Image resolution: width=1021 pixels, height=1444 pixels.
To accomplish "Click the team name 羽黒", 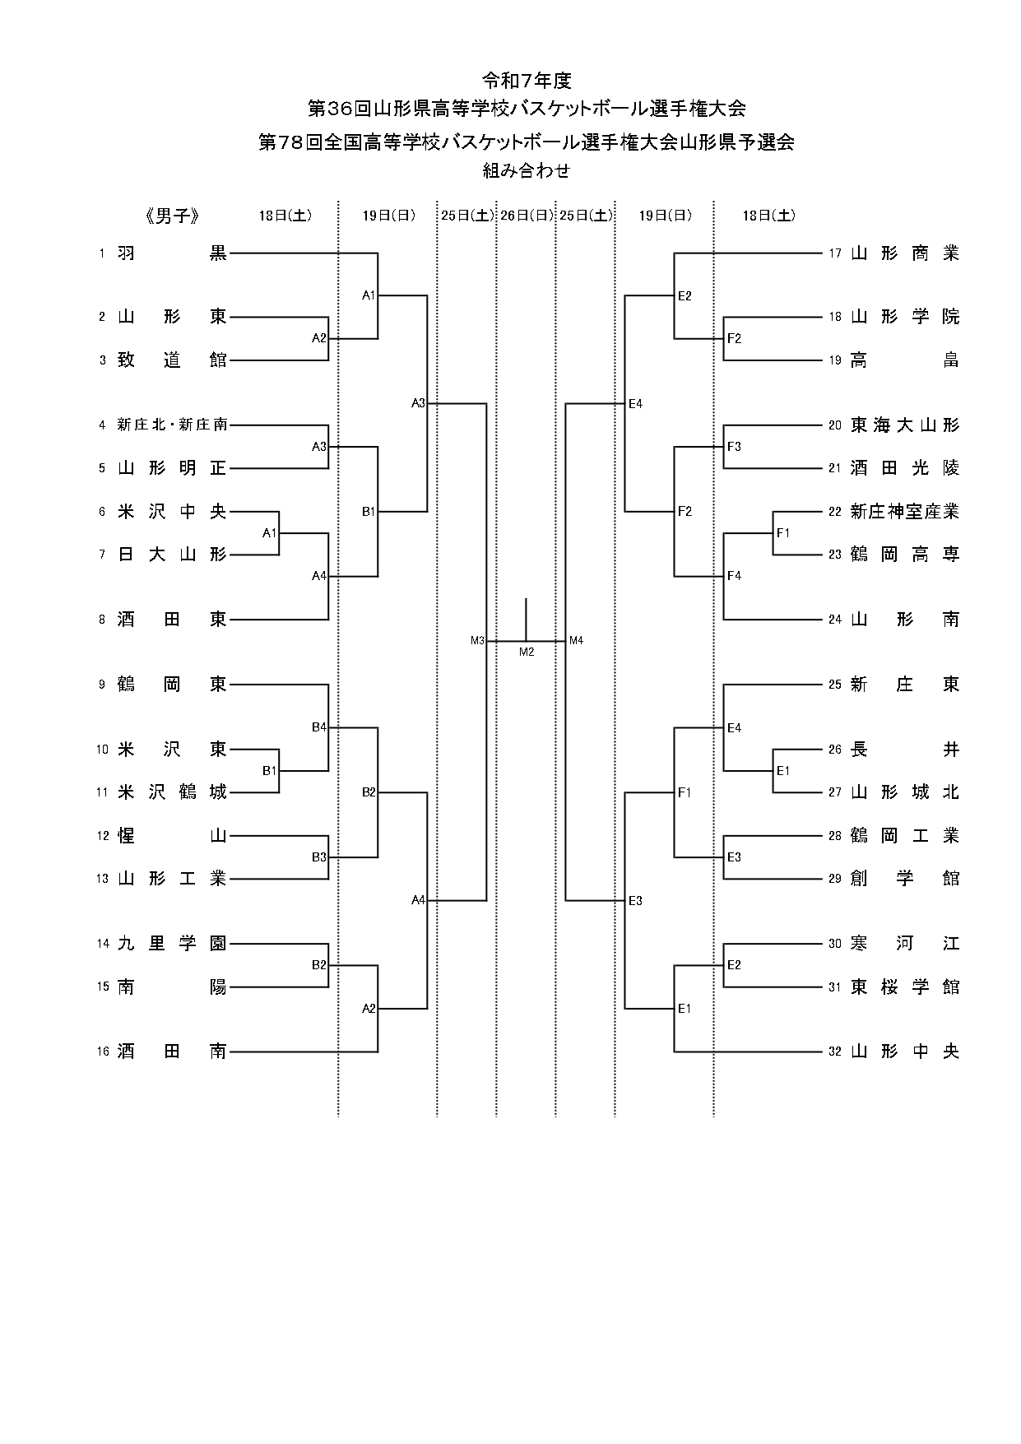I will click(171, 253).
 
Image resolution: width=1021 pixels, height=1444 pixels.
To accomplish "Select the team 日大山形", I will click(171, 555).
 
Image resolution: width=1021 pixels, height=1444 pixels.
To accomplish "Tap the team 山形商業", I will click(904, 253).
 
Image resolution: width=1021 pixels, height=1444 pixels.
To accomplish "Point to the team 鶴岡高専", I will click(904, 555).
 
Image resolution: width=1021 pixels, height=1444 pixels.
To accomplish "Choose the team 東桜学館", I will click(904, 987).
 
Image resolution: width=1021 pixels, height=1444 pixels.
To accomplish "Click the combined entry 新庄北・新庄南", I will click(171, 425).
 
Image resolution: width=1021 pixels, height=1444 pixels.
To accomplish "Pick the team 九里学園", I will click(171, 944).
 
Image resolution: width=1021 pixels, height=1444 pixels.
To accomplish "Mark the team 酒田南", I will click(171, 1051).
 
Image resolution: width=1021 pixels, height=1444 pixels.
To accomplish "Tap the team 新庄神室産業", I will click(904, 512).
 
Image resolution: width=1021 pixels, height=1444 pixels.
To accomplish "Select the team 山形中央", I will click(904, 1051).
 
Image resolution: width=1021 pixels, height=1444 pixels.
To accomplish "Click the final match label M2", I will click(527, 652).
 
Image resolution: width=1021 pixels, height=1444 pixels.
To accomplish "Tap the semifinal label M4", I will click(576, 640).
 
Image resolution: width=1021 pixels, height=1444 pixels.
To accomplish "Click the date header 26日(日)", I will click(527, 216).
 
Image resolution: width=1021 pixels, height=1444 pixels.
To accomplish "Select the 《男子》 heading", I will click(172, 216).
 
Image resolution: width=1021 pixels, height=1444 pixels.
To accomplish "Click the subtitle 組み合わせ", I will click(527, 171).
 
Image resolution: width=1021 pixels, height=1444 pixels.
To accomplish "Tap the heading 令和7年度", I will click(527, 81).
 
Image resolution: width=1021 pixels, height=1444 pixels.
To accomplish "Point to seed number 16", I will click(103, 1051).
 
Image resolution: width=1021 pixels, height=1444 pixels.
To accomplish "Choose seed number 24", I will click(835, 620).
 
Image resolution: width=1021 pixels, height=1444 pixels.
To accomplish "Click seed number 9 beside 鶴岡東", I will click(102, 684).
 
